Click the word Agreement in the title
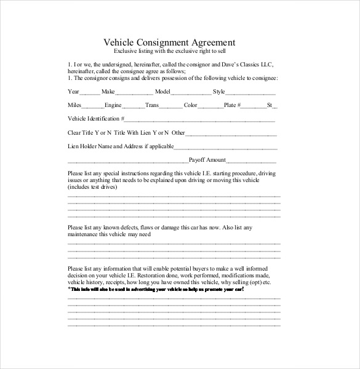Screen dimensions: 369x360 pos(211,42)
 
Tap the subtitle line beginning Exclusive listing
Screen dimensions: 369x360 pos(169,52)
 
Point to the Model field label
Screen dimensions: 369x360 pos(162,91)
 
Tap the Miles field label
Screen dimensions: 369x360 pos(74,105)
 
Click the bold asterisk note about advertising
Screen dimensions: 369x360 pos(155,288)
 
